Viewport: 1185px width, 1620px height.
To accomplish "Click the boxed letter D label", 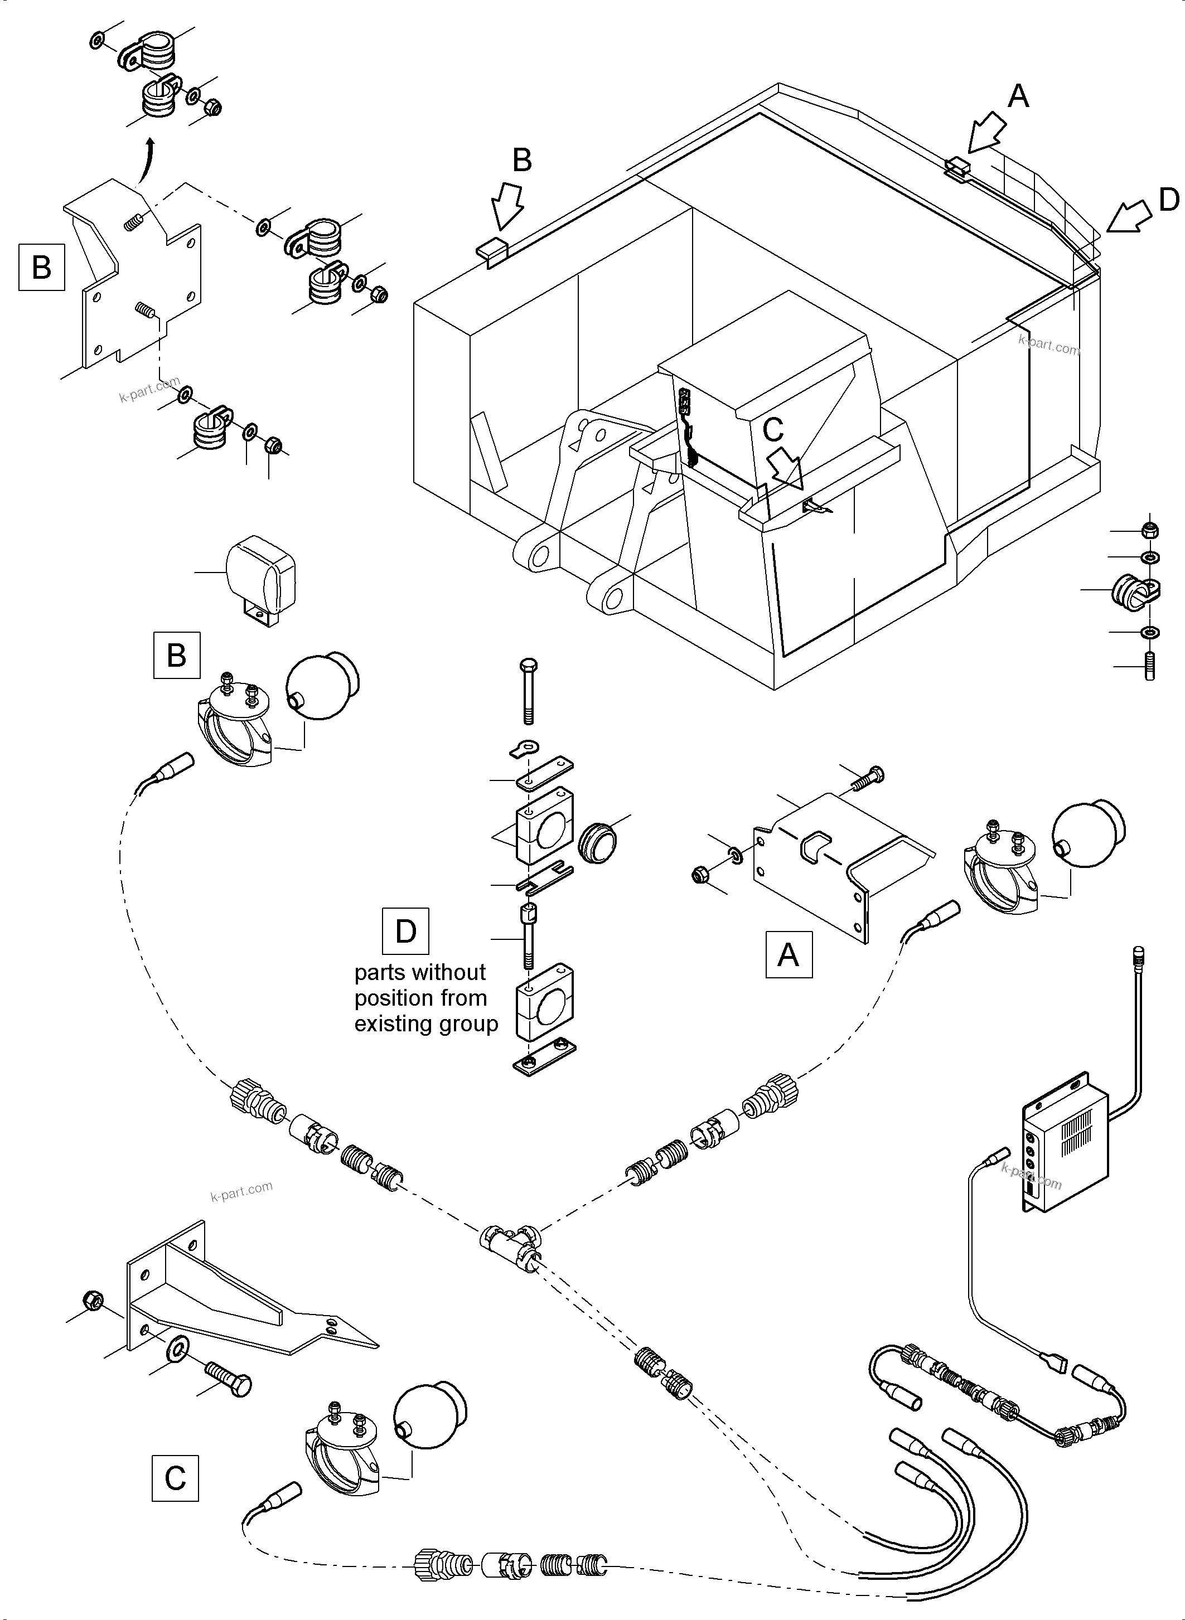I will (406, 932).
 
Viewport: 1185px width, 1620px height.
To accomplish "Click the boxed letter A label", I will (789, 954).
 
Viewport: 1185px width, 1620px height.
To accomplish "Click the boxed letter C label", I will (175, 1478).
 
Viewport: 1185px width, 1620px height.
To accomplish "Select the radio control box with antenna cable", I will (1065, 1147).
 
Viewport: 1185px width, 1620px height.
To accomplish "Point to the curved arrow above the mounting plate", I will (147, 161).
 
